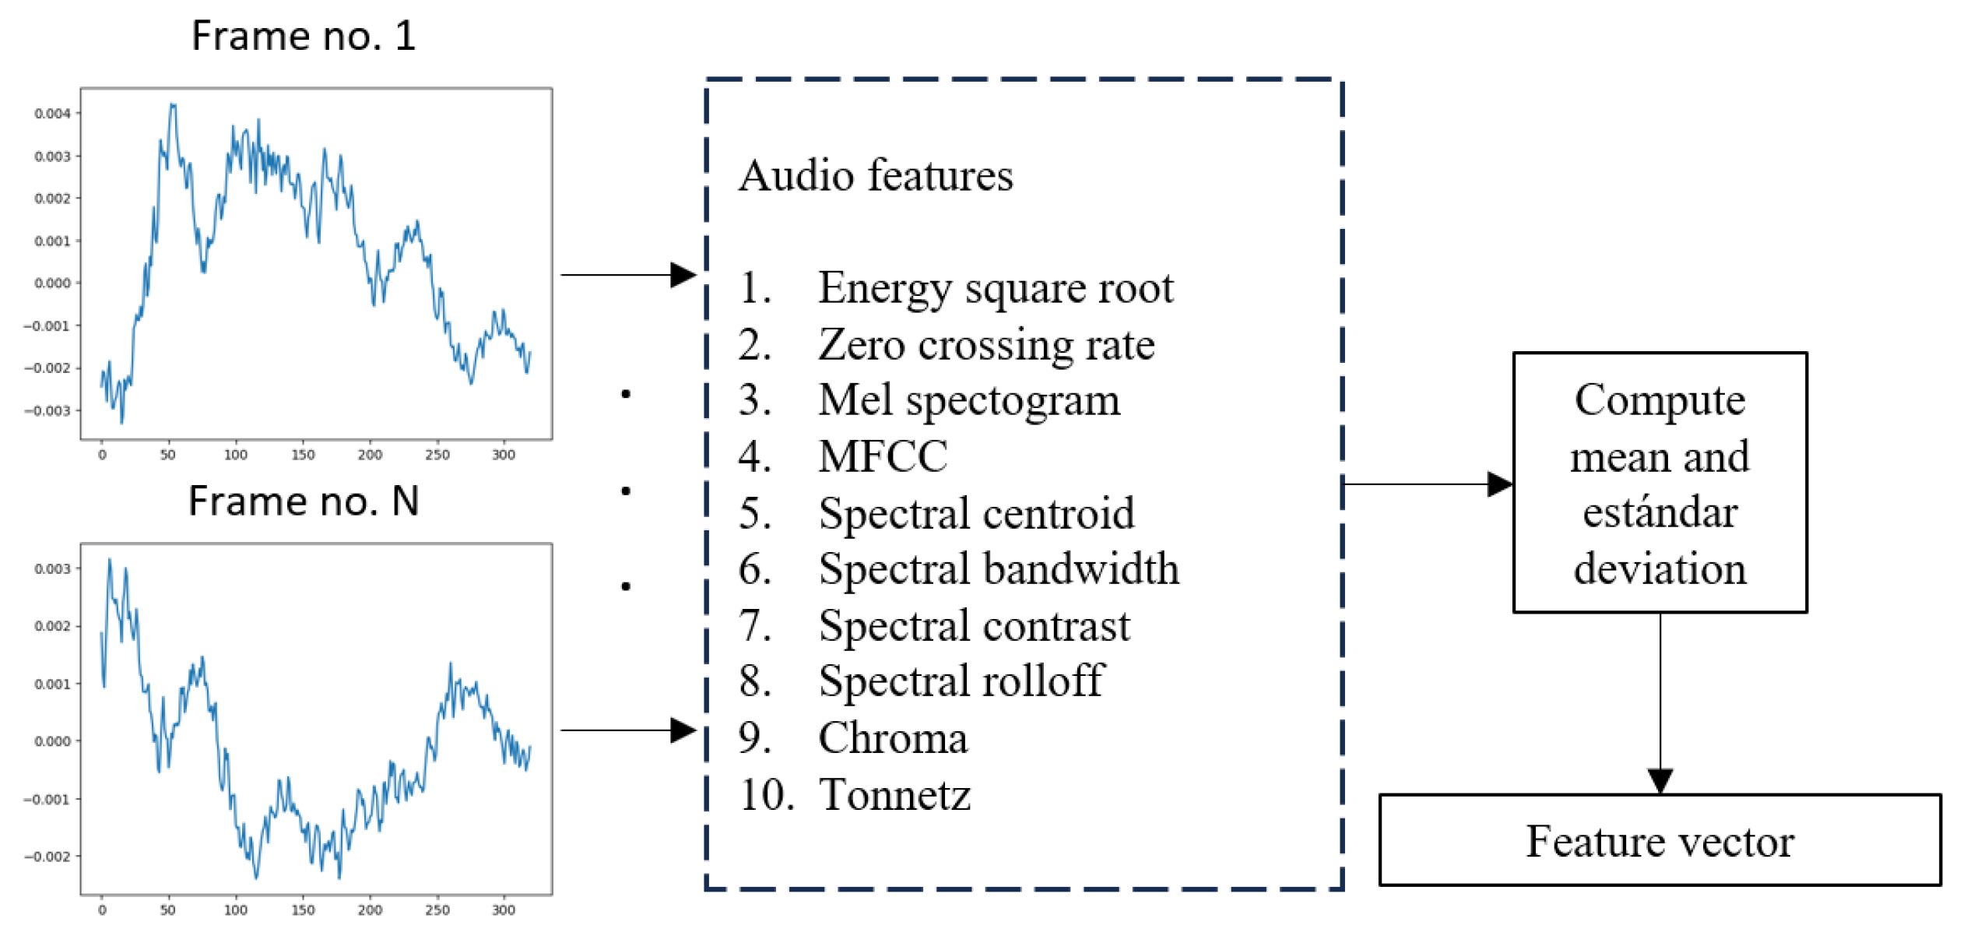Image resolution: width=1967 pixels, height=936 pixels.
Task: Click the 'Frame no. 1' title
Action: tap(304, 36)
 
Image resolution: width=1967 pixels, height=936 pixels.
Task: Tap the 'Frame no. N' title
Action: tap(304, 501)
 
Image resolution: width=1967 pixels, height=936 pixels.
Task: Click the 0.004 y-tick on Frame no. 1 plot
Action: tap(52, 114)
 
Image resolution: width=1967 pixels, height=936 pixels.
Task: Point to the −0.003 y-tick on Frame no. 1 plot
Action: tap(48, 410)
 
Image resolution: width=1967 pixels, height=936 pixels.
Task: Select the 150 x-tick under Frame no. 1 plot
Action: tap(303, 455)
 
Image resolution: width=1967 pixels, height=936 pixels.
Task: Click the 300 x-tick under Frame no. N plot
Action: tap(504, 910)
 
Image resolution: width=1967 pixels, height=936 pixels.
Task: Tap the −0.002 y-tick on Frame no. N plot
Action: tap(48, 857)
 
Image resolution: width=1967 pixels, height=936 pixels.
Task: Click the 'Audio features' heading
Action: tap(876, 175)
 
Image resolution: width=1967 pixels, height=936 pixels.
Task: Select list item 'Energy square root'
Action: tap(995, 287)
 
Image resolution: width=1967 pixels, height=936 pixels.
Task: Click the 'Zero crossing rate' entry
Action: tap(985, 344)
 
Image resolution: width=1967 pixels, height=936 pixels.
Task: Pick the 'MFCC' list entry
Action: tap(883, 456)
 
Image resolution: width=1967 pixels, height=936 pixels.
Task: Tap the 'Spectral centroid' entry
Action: tap(976, 513)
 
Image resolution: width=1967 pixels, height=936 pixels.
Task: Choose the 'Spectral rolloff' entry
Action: tap(961, 681)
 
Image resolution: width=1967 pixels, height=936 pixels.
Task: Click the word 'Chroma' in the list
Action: tap(893, 738)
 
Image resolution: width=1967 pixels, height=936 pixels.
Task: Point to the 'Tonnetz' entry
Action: tap(894, 795)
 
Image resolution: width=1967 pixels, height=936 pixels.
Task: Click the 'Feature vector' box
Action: tap(1660, 841)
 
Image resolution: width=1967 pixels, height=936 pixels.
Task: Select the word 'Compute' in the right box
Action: tap(1660, 400)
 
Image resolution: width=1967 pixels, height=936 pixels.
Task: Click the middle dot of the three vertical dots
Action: tap(626, 491)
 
